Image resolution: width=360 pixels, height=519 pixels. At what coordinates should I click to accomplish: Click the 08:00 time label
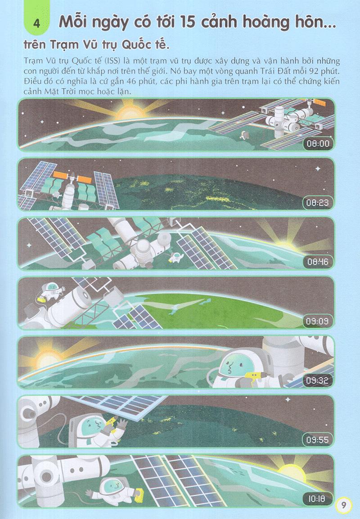pos(318,143)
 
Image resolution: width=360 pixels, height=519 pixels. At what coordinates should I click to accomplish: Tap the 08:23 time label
pos(318,202)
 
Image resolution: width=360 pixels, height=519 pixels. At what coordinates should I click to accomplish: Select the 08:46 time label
pos(318,262)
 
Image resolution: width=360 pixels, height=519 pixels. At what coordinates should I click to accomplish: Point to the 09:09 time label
pos(318,321)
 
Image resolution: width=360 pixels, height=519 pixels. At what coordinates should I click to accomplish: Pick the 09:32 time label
pos(318,380)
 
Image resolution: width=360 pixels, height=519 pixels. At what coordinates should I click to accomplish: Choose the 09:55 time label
pos(318,439)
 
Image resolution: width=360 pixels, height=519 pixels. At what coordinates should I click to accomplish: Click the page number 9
pos(343,505)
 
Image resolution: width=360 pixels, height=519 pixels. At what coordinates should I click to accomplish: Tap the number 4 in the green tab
pos(37,24)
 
